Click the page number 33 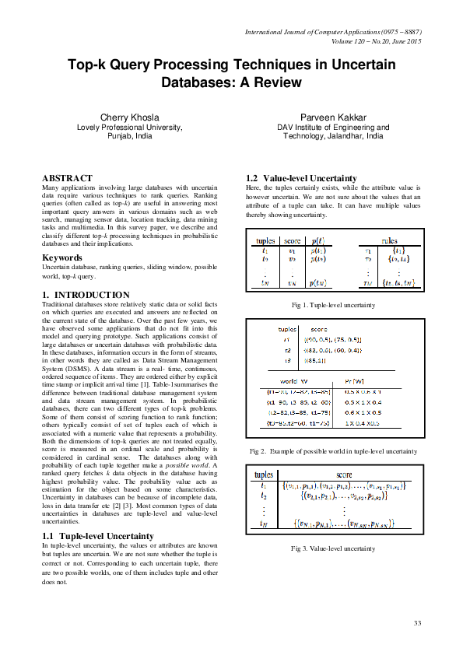[x=417, y=622]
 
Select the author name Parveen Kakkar [x=333, y=117]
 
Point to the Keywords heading [x=63, y=257]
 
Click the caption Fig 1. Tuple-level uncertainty [x=333, y=305]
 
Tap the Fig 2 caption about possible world [x=334, y=451]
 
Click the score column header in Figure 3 [x=343, y=473]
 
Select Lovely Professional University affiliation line [x=128, y=127]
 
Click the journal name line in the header [x=333, y=32]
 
